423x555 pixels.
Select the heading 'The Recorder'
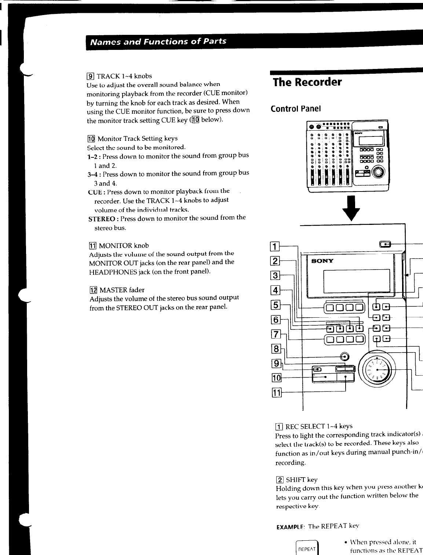coord(307,82)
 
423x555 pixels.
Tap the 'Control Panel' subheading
coord(296,109)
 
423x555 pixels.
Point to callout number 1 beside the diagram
coord(274,246)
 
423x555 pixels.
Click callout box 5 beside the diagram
coord(275,305)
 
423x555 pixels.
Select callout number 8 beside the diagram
coord(275,349)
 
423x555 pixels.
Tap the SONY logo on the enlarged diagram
coord(322,261)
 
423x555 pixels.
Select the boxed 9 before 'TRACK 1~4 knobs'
coord(90,76)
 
